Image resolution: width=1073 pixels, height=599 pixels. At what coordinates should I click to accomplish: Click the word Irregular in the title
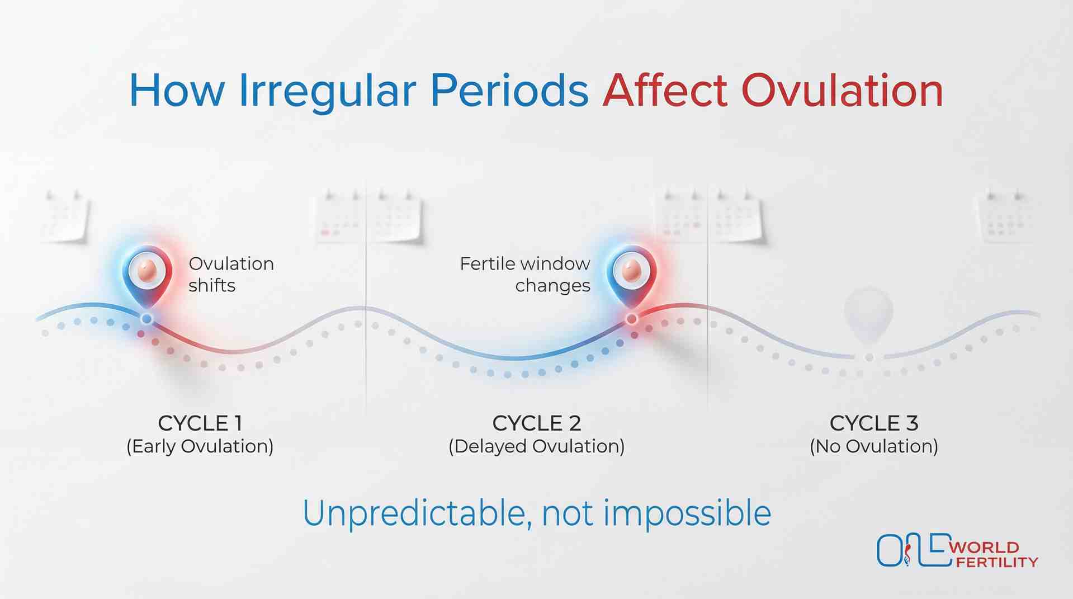(327, 91)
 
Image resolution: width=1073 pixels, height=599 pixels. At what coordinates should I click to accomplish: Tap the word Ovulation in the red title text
(842, 91)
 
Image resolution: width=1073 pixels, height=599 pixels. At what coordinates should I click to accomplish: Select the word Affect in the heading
(665, 91)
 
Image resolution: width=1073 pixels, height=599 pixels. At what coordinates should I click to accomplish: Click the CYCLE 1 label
(200, 423)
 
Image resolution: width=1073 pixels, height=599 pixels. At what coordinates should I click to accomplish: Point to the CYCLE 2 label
(536, 423)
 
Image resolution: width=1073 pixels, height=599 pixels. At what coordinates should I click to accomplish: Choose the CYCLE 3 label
(873, 423)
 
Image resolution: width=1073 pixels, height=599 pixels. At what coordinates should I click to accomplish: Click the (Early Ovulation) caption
(200, 446)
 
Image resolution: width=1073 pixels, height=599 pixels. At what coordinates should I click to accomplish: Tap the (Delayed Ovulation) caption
(536, 446)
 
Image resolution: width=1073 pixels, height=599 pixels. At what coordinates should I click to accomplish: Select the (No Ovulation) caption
(873, 446)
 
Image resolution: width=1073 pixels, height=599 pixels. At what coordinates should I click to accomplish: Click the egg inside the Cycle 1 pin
(147, 271)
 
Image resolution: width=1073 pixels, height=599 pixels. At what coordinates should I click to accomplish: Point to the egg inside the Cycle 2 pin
(631, 271)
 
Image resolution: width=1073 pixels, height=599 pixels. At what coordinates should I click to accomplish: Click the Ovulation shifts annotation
(230, 274)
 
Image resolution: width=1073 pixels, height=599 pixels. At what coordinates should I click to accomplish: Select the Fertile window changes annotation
(524, 274)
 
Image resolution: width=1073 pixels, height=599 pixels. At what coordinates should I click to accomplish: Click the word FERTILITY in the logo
(996, 562)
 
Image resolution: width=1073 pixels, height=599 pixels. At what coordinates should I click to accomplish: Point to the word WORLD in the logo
(984, 548)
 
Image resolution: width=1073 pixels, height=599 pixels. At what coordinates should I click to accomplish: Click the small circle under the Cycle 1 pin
(146, 319)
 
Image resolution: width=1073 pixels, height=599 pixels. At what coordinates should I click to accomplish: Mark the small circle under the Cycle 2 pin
(631, 319)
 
